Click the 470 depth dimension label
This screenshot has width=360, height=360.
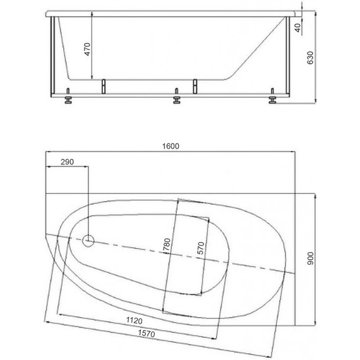(x=88, y=48)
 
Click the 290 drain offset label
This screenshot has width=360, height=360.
(x=67, y=162)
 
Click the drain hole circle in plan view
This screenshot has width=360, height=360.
(x=89, y=241)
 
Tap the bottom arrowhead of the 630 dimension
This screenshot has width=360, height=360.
(x=316, y=100)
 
